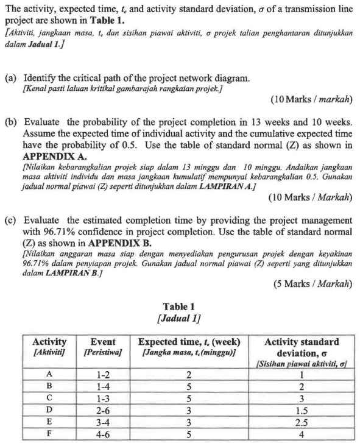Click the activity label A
(x=49, y=374)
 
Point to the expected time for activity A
(x=188, y=374)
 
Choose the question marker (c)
(x=10, y=220)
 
